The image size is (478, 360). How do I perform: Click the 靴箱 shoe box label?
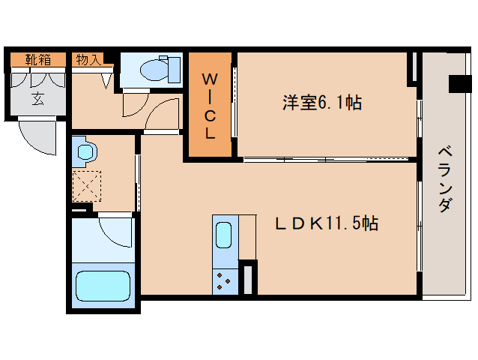38,59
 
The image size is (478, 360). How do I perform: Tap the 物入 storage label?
88,59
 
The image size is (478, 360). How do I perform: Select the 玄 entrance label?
38,98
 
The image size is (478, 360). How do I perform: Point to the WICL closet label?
210,106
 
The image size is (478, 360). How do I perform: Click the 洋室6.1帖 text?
322,103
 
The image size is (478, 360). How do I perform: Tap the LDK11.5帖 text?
327,223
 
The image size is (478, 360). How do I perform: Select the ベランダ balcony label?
445,179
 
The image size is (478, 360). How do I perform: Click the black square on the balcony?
460,83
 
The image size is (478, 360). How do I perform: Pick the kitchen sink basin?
223,235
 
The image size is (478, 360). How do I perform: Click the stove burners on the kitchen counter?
224,281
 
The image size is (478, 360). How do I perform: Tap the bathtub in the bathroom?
103,286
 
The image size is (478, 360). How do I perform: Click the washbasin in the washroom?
85,151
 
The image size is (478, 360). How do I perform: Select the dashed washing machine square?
87,186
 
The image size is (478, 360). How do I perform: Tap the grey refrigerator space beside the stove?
248,280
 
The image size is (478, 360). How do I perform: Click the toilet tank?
174,70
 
